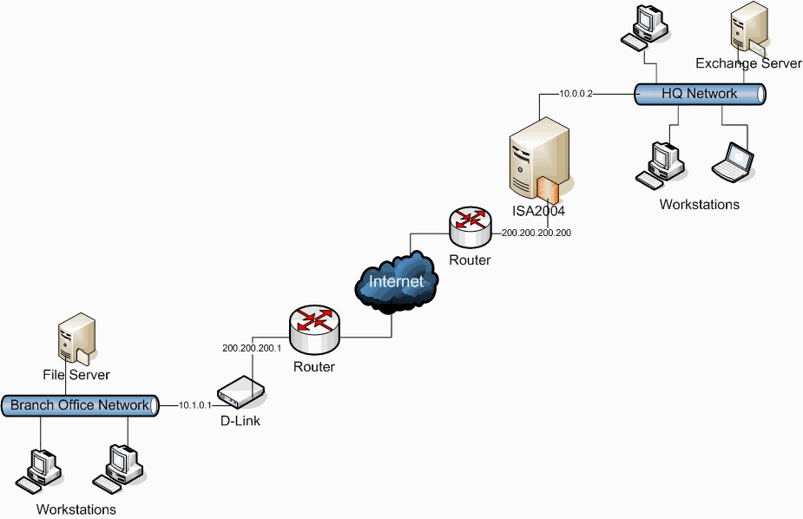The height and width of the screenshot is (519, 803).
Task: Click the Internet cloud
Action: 396,281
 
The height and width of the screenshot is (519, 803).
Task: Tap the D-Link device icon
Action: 240,393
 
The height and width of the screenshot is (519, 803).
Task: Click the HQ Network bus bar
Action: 699,94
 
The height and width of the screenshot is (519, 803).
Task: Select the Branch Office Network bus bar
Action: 79,405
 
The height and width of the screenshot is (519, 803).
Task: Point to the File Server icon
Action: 73,343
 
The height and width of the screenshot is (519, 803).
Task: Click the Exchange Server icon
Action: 748,30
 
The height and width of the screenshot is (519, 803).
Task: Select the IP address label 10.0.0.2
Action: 575,94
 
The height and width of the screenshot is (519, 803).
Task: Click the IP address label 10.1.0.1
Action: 195,405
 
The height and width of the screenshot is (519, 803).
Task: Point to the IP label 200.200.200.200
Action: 536,233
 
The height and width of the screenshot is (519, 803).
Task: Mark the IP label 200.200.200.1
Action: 251,347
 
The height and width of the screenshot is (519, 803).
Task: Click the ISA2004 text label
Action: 538,211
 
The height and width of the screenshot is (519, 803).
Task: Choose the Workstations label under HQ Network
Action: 699,205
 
